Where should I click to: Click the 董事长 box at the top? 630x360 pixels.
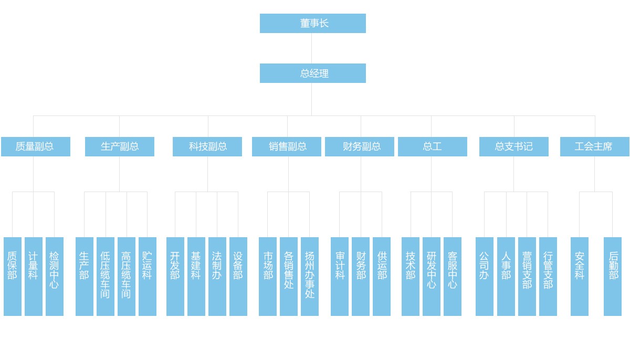[x=312, y=23]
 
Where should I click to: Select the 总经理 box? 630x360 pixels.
[x=312, y=73]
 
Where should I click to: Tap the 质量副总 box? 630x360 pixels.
[x=36, y=146]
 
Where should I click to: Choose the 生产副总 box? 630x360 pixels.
[x=120, y=146]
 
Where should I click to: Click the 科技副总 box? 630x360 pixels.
[x=207, y=146]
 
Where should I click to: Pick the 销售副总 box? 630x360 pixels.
[x=287, y=146]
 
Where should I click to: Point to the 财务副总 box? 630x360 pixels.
[x=360, y=146]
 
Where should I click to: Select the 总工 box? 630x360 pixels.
[x=433, y=146]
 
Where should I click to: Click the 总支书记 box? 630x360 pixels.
[x=514, y=146]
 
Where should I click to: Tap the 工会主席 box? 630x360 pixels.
[x=595, y=146]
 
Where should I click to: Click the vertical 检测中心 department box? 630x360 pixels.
[x=55, y=276]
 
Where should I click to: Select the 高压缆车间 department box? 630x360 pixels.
[x=127, y=276]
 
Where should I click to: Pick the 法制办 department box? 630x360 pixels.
[x=217, y=276]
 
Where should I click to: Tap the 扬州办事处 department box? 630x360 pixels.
[x=310, y=276]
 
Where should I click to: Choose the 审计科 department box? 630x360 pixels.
[x=340, y=276]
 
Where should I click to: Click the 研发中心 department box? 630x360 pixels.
[x=432, y=276]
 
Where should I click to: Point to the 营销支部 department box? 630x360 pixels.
[x=527, y=276]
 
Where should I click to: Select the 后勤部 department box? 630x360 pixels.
[x=613, y=276]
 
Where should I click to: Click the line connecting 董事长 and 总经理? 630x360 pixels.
[x=312, y=48]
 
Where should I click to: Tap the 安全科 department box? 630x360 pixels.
[x=580, y=276]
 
